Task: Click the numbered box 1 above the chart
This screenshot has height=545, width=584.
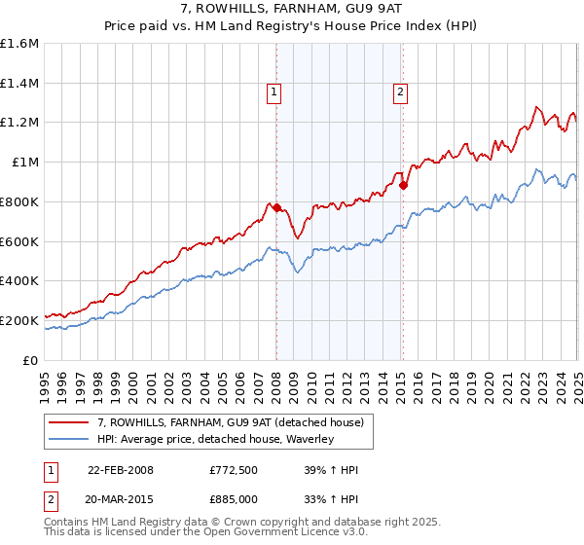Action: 274,93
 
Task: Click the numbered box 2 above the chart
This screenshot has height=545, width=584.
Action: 400,93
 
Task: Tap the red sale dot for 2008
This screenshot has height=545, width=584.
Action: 276,207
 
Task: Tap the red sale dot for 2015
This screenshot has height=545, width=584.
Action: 403,185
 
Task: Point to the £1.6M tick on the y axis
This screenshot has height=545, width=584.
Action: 19,44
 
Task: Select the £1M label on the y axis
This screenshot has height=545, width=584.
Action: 25,163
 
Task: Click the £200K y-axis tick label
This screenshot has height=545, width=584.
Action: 19,320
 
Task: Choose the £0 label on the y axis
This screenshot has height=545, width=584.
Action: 31,360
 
